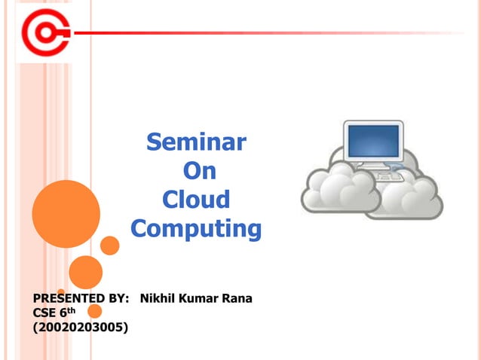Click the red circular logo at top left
pos(44,33)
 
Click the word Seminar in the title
pos(196,141)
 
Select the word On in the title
pos(200,171)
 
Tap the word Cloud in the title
pos(196,200)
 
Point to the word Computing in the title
pos(196,228)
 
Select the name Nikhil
pos(157,298)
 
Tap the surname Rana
pos(237,298)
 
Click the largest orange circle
pos(66,214)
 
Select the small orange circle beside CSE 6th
pos(95,311)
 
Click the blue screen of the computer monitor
pos(372,142)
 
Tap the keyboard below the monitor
pos(388,175)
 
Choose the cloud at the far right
pos(411,197)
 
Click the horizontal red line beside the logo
pos(264,33)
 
